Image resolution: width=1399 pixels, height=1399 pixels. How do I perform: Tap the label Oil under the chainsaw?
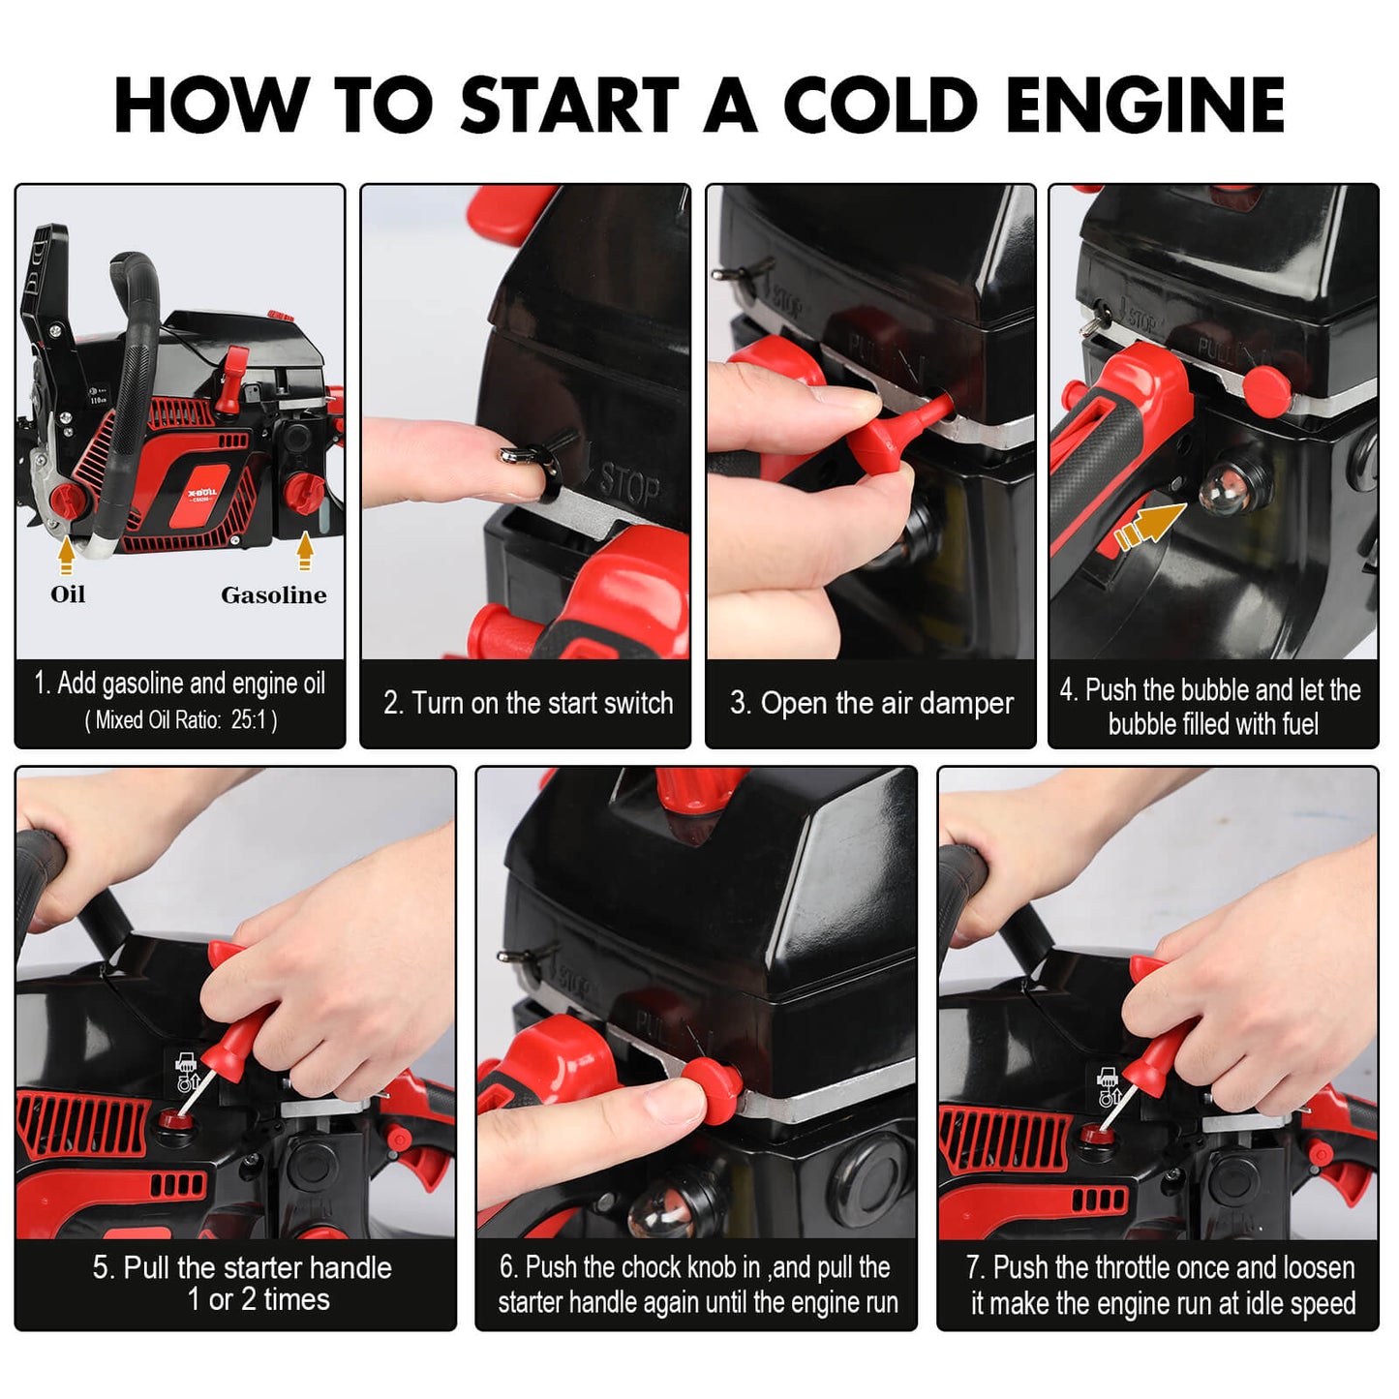coord(68,594)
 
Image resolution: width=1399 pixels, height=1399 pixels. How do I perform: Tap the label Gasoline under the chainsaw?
coord(273,595)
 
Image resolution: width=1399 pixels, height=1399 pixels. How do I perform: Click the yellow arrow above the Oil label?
coord(66,556)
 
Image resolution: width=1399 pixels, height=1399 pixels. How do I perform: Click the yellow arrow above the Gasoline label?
coord(305,551)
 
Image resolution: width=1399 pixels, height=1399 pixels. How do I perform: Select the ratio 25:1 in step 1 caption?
coord(248,720)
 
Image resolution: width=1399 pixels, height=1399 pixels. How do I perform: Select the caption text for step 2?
coord(528,703)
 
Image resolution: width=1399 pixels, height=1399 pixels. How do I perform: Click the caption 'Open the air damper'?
coord(871,703)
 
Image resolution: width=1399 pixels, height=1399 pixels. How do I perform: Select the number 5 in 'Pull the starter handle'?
coord(102,1268)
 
